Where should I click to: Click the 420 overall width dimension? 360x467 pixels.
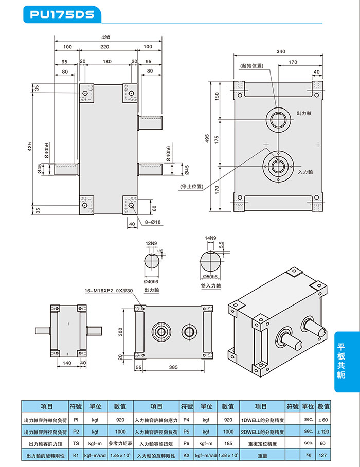coord(105,37)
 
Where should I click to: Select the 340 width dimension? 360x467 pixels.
coord(281,51)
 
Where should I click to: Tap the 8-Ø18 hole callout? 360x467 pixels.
coord(153,223)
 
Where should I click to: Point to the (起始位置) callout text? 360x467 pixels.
coord(251,66)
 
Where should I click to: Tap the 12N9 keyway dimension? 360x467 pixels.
coord(151,242)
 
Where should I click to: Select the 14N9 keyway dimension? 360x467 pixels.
coord(210,238)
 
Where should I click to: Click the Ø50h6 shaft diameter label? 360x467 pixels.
coord(210,278)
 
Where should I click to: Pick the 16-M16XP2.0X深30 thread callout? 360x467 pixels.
coord(109,291)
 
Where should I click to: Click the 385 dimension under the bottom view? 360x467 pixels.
coord(173,368)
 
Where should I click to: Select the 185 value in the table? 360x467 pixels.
coord(228,443)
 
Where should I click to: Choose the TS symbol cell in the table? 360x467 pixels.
coord(76,443)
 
